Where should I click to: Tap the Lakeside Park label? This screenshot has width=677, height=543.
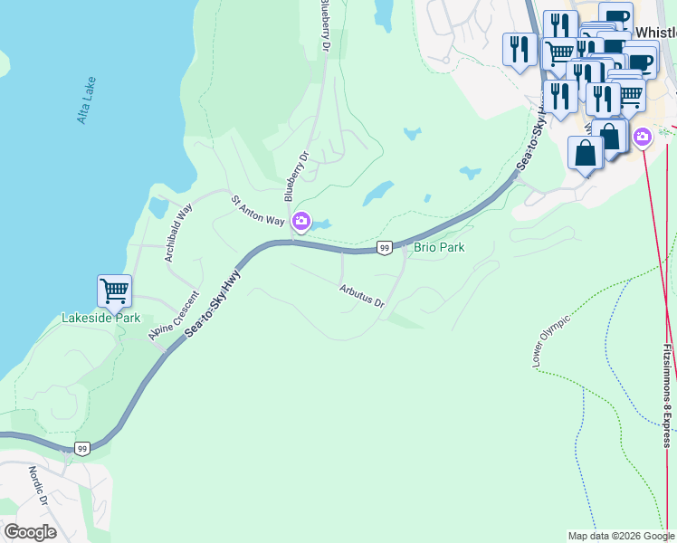[x=100, y=318]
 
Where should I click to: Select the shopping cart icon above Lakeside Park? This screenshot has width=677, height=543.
[x=114, y=291]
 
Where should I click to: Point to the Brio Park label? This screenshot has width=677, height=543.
[x=439, y=247]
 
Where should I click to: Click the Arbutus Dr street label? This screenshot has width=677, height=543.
[x=362, y=296]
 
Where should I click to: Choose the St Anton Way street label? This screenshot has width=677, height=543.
[x=257, y=211]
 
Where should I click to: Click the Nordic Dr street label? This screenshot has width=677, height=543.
[x=37, y=486]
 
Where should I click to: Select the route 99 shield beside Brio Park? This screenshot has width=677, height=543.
[x=385, y=247]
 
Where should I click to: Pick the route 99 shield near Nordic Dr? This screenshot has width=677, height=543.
[x=82, y=448]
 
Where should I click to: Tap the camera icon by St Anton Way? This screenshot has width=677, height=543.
[x=300, y=220]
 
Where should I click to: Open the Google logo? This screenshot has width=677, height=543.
[x=30, y=532]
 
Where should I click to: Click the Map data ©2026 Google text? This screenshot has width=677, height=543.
[x=621, y=535]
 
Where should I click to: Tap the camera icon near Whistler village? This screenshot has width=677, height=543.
[x=642, y=138]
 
